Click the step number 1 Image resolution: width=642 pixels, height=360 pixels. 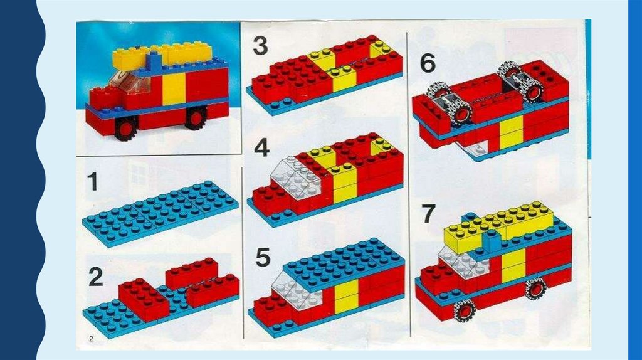click(93, 181)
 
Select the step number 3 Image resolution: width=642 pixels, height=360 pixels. click(260, 45)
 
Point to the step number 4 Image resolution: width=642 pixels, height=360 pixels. click(261, 147)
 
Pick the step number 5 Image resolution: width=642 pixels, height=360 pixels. click(263, 257)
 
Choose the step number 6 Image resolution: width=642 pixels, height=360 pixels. click(428, 63)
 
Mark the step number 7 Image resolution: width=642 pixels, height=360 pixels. click(429, 213)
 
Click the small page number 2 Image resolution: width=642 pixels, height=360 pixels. click(91, 338)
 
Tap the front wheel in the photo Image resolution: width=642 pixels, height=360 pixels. click(126, 128)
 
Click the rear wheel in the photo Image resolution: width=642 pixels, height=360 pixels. click(196, 118)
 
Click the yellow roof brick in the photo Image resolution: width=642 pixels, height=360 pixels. click(162, 55)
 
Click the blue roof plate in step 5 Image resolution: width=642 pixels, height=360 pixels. click(344, 262)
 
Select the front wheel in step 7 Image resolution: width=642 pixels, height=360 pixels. click(465, 310)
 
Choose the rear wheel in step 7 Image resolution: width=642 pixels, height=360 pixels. click(536, 289)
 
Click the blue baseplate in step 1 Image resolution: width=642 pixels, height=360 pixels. click(160, 213)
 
